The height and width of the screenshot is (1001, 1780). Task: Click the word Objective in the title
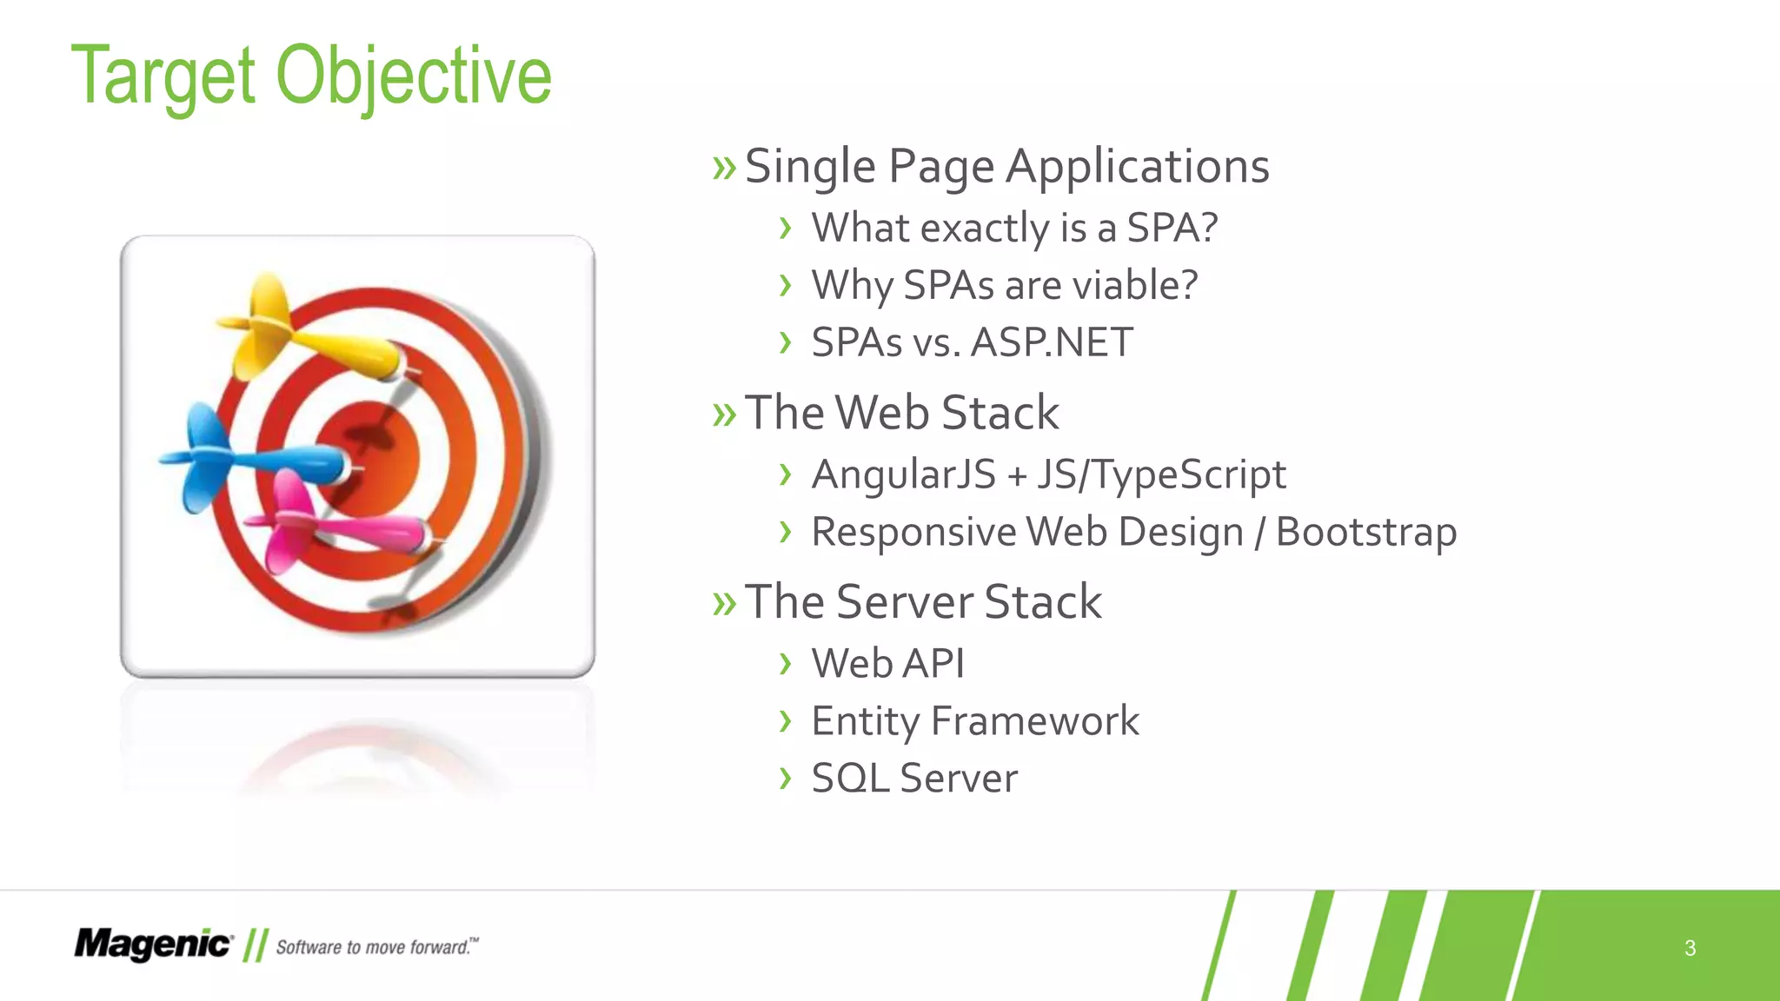tap(414, 76)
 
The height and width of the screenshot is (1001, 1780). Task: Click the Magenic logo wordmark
tap(153, 945)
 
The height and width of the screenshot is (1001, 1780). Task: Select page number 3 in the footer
tap(1690, 948)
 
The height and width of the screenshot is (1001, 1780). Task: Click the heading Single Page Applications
tap(1006, 166)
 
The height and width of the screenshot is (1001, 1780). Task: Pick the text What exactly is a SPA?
tap(1014, 229)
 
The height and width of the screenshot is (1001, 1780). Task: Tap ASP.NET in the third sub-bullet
tap(1052, 342)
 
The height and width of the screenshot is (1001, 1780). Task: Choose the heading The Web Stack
tap(902, 413)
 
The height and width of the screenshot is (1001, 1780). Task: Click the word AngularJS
tap(903, 475)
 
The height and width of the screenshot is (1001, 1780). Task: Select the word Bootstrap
tap(1365, 532)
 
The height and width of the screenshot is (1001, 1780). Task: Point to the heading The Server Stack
tap(923, 601)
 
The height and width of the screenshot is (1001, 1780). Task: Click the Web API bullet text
tap(887, 664)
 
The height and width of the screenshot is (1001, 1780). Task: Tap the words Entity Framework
tap(974, 721)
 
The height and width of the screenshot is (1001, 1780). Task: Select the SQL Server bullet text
tap(913, 779)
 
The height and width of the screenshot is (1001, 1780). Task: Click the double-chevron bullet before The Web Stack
tap(723, 415)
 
